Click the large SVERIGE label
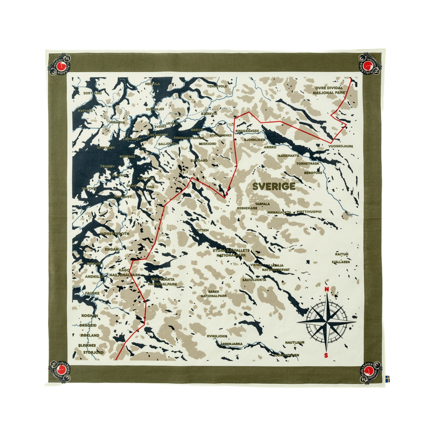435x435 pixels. [x=273, y=186]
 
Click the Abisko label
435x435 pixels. [x=270, y=148]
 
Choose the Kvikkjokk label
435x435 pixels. [x=217, y=336]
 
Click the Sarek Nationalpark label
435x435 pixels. [x=214, y=293]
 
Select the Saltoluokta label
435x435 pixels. [x=254, y=279]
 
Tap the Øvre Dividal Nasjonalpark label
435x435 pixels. [x=330, y=91]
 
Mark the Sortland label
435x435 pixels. [x=93, y=93]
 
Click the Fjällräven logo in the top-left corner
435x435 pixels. [x=60, y=65]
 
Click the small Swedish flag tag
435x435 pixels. [x=387, y=378]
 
